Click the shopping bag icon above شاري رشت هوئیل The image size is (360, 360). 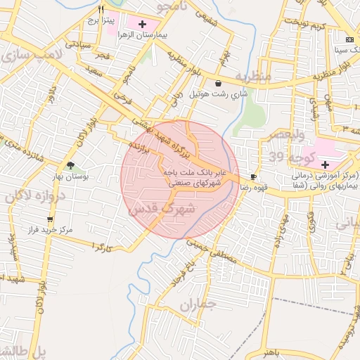click(x=219, y=83)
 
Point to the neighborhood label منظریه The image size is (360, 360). click(x=252, y=76)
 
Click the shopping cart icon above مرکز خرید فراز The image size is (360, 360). click(x=50, y=219)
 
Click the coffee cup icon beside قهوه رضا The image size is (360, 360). click(x=253, y=176)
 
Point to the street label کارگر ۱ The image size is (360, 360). click(x=102, y=247)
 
